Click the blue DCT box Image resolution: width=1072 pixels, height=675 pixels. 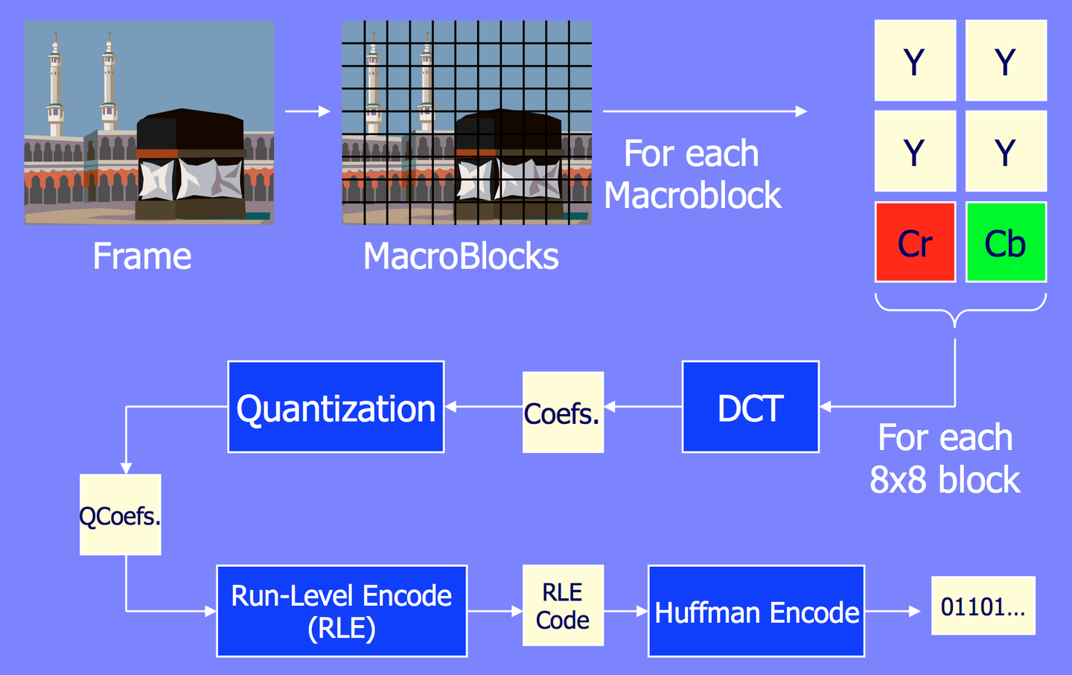(750, 407)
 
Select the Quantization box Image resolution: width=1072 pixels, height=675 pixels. (336, 407)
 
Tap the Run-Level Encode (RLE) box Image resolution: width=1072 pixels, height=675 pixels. (342, 611)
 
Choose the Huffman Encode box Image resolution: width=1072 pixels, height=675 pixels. (756, 611)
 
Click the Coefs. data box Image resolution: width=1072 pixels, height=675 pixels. (564, 413)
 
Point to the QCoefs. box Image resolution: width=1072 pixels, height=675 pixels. (120, 515)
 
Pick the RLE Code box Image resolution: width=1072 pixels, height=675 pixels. (564, 606)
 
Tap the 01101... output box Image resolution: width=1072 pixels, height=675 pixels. (983, 606)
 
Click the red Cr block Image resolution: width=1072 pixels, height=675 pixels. (915, 242)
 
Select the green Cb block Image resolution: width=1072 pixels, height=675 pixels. (1006, 242)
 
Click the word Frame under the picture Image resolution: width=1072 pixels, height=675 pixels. (142, 256)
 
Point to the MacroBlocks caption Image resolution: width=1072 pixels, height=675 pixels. (461, 256)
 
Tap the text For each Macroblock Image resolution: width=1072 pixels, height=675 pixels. (692, 174)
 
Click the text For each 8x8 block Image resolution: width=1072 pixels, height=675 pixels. (945, 458)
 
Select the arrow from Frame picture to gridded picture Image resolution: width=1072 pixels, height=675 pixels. (307, 111)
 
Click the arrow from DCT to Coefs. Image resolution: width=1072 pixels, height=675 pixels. (643, 407)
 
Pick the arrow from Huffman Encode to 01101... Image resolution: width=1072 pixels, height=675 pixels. (893, 611)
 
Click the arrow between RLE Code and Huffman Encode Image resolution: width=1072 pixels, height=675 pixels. (626, 611)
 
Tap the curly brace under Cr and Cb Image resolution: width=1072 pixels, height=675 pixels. (960, 311)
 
